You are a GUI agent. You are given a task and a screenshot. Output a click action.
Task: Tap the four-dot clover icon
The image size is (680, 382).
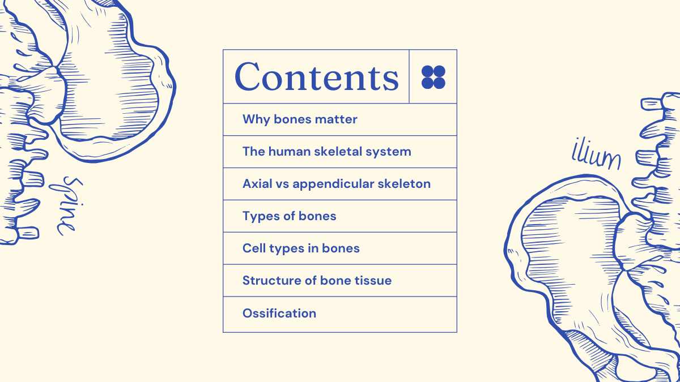pyautogui.click(x=433, y=77)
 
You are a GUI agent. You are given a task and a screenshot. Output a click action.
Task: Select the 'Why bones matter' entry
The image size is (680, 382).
pyautogui.click(x=300, y=119)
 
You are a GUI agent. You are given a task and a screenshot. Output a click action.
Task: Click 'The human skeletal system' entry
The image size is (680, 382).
pyautogui.click(x=326, y=152)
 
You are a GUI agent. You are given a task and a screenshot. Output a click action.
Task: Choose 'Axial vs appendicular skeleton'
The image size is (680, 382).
pyautogui.click(x=337, y=184)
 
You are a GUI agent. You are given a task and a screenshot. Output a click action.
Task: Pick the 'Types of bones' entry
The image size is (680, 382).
pyautogui.click(x=290, y=216)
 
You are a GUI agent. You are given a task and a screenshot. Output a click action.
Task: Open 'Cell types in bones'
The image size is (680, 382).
pyautogui.click(x=301, y=248)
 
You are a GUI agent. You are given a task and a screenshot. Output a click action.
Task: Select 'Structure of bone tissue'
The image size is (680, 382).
pyautogui.click(x=317, y=281)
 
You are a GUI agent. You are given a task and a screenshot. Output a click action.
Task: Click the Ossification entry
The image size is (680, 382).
pyautogui.click(x=279, y=313)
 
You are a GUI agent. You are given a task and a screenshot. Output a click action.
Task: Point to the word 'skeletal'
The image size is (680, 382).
pyautogui.click(x=338, y=152)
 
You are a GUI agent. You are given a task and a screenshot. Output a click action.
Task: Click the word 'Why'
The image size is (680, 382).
pyautogui.click(x=256, y=119)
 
